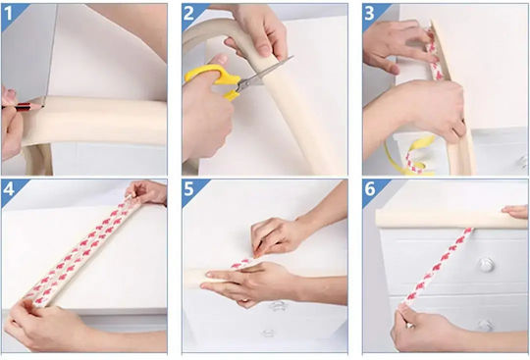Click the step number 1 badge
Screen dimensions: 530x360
[8, 14]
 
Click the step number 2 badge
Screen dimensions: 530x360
[188, 14]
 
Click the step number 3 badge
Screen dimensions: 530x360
[369, 14]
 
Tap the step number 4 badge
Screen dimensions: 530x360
[8, 189]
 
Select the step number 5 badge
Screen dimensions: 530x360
[188, 189]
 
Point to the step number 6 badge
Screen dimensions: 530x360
[370, 189]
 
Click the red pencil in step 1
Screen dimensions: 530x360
[23, 107]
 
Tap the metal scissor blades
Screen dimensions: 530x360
[264, 74]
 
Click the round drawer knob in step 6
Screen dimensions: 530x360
[487, 265]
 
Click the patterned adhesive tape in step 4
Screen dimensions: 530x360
[81, 251]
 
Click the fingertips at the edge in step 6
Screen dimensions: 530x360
[515, 211]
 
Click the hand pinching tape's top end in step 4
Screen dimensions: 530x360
[146, 192]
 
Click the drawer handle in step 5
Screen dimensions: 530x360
[278, 306]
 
